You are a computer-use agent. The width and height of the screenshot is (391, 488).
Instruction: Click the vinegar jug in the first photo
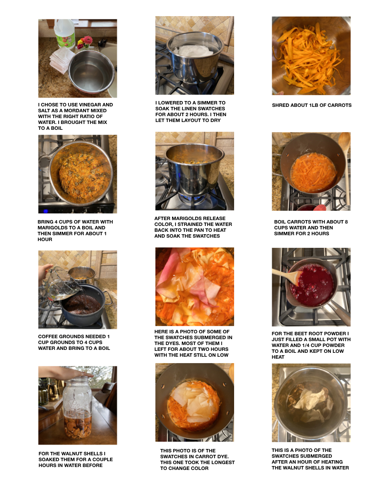point(65,34)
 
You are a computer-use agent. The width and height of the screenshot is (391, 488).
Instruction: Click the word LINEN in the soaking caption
point(190,109)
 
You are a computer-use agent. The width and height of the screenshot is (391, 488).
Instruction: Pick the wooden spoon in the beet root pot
point(286,276)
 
